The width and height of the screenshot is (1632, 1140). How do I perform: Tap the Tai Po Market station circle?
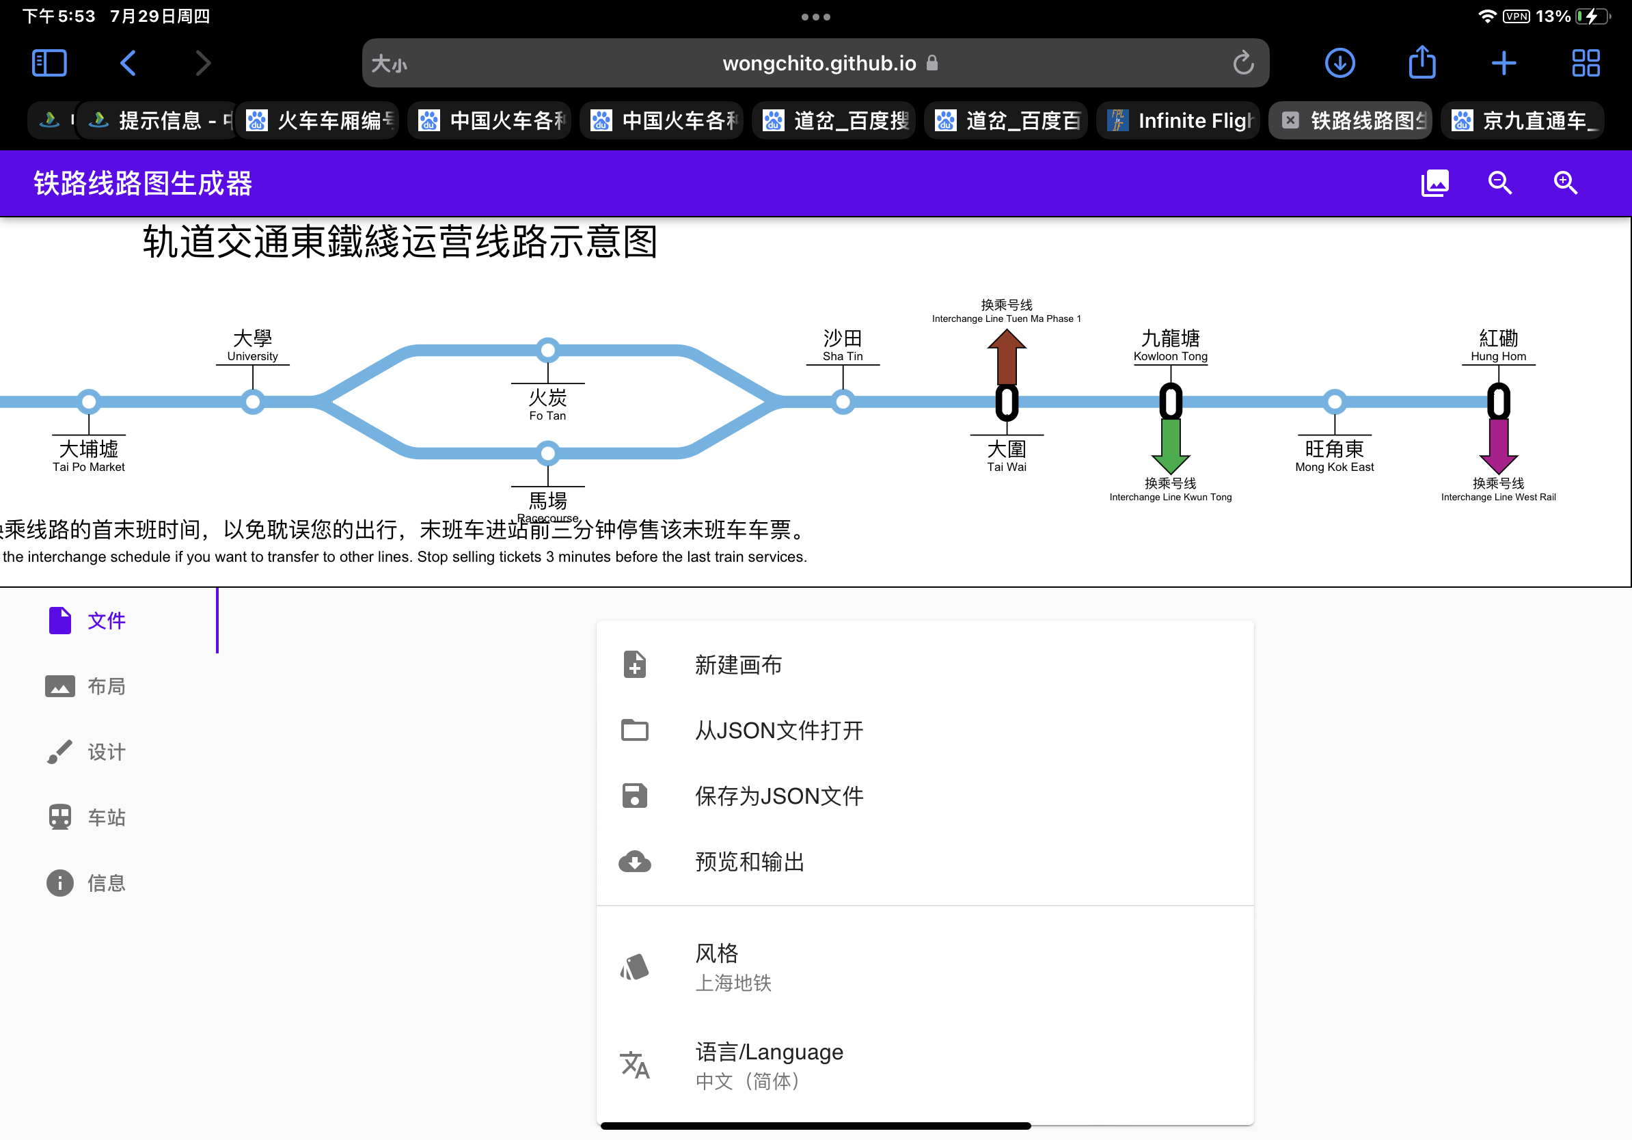pos(89,403)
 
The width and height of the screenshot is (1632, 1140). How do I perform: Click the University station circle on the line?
pos(252,403)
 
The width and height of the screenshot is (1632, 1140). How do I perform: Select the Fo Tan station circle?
pos(547,350)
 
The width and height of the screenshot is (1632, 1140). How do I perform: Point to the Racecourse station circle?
pos(547,452)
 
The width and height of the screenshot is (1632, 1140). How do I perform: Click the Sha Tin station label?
pos(842,345)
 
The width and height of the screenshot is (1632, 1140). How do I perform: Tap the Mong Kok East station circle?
pos(1335,403)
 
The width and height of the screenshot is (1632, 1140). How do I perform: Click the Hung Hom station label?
pos(1498,345)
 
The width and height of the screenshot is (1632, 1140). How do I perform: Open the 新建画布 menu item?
pos(738,665)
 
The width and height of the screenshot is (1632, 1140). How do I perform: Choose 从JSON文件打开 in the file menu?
pos(779,731)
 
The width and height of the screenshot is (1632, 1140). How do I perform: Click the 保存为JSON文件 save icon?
pos(635,796)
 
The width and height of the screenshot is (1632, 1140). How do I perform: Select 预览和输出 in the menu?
pos(749,862)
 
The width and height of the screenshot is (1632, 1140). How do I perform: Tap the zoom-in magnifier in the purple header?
pos(1565,183)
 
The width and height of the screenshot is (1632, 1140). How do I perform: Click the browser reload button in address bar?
pos(1243,64)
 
